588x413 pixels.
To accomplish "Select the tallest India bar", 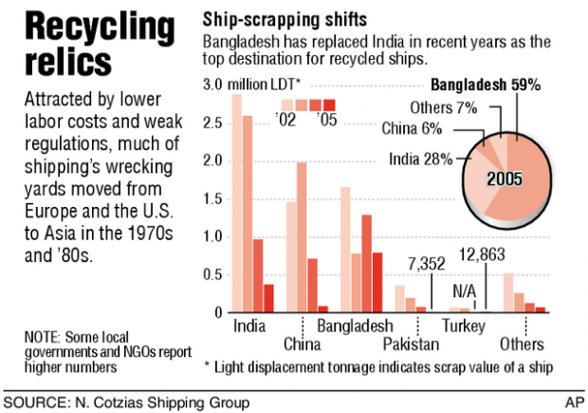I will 236,203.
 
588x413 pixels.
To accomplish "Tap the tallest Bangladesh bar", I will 345,250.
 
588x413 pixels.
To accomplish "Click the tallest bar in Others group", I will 508,292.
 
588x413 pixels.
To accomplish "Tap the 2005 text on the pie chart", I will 508,177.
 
